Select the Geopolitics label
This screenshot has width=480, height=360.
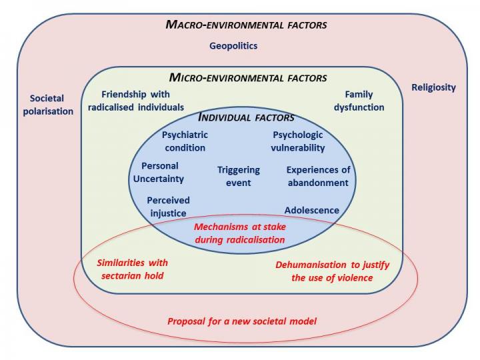pyautogui.click(x=233, y=46)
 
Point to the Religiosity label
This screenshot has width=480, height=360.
pyautogui.click(x=433, y=87)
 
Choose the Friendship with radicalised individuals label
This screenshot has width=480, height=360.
pyautogui.click(x=136, y=101)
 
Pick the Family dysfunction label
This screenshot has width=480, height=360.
pyautogui.click(x=364, y=101)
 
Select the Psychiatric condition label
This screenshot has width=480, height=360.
pyautogui.click(x=183, y=141)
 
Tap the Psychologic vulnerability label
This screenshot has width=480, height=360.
pyautogui.click(x=298, y=141)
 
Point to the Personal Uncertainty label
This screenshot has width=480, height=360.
pyautogui.click(x=163, y=172)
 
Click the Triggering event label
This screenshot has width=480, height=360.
pyautogui.click(x=238, y=176)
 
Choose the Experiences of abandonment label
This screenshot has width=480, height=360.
pyautogui.click(x=317, y=176)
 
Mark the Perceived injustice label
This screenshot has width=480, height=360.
pyautogui.click(x=168, y=206)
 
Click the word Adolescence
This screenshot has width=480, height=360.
pyautogui.click(x=311, y=211)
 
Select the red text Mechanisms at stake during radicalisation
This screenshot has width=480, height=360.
pyautogui.click(x=240, y=233)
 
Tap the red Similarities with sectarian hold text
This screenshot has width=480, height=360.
pyautogui.click(x=131, y=269)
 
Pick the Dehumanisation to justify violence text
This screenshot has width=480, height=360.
pyautogui.click(x=332, y=271)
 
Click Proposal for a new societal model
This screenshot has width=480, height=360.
pyautogui.click(x=242, y=321)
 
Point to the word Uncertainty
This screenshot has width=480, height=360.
pyautogui.click(x=163, y=179)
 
